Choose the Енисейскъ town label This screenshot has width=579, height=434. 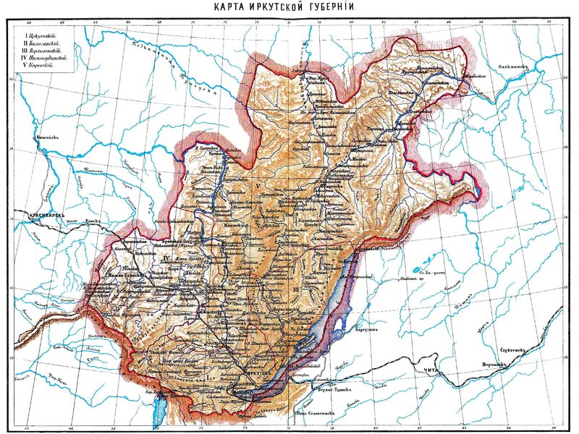(x=47, y=135)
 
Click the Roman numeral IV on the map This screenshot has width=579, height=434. (x=165, y=258)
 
